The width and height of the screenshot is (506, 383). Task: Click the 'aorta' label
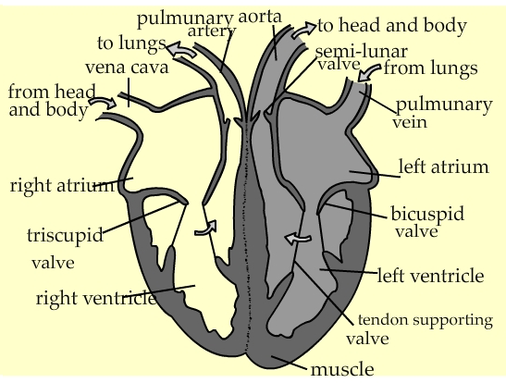pos(260,17)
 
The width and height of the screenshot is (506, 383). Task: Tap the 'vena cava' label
pos(127,68)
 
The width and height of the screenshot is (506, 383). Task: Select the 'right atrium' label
pos(63,186)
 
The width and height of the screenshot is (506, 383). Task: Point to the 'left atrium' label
pos(444,167)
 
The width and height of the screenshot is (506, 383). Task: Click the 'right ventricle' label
pos(96,298)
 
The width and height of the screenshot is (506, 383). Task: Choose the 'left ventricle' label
pos(430,276)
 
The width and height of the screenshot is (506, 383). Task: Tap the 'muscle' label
pos(342,369)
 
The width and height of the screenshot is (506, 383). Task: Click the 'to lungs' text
pos(131,43)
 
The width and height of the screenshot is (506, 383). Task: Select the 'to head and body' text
pos(392,26)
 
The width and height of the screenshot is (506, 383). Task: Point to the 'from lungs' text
pos(430,68)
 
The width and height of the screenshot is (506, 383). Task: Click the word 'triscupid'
pos(65,235)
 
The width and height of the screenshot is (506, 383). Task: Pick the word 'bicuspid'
pos(427,214)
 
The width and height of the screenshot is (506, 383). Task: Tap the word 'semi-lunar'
pos(361,52)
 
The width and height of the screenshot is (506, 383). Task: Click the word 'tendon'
pos(383,320)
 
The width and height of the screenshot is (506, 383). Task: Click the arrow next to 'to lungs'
pos(181,50)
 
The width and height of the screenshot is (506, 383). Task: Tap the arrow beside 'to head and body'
pos(303,30)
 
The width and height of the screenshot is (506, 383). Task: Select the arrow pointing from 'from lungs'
pos(369,72)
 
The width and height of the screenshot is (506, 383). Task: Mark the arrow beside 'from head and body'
pos(103,102)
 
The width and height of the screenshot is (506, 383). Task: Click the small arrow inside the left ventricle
pos(297,239)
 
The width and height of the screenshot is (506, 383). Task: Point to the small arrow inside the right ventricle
pos(206,228)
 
